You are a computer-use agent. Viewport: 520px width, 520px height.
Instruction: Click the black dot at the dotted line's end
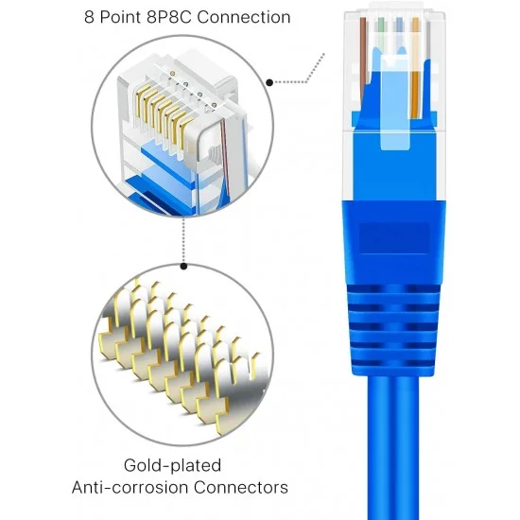click(270, 83)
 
